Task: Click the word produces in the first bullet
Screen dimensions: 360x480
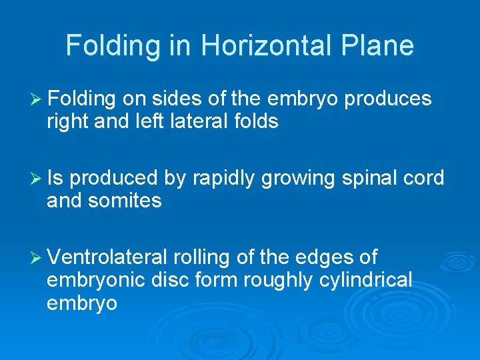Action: (388, 100)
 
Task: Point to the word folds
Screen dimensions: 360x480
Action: (254, 122)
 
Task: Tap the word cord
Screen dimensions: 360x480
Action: (424, 178)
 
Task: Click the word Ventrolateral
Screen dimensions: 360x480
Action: (108, 257)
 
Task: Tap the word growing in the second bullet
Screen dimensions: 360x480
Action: (299, 179)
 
